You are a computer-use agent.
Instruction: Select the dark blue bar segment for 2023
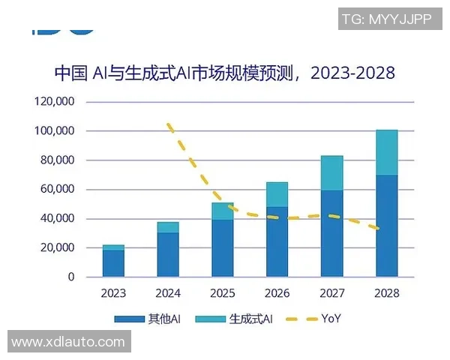[113, 263]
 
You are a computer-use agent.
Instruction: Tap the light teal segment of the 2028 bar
[386, 152]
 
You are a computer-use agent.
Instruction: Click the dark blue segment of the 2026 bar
[277, 241]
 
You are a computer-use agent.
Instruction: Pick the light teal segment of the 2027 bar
[331, 173]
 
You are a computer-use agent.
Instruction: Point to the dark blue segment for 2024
[168, 254]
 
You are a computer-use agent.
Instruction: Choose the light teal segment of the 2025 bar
[222, 211]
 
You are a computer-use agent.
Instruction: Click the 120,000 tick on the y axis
[54, 102]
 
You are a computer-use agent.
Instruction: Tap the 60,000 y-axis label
[57, 190]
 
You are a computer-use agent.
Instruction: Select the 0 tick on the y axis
[71, 277]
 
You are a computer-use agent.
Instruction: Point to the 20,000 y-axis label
[57, 248]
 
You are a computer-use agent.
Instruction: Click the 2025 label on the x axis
[222, 292]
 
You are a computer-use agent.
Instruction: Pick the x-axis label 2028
[386, 292]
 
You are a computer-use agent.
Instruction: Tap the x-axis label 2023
[113, 292]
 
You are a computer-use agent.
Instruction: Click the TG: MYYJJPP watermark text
[386, 19]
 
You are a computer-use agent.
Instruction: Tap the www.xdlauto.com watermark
[67, 342]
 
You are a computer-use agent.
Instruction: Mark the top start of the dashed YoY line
[168, 124]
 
